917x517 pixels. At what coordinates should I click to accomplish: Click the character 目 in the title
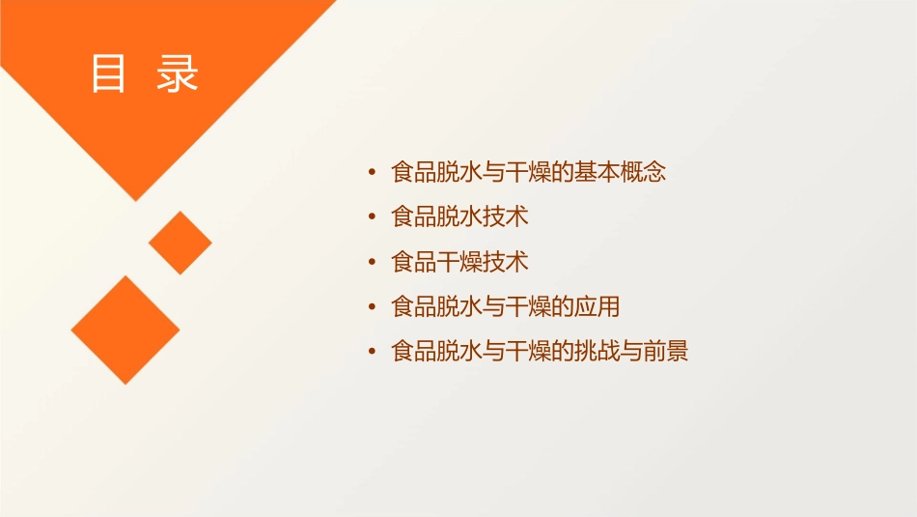pyautogui.click(x=108, y=74)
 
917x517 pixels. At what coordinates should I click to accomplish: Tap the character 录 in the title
pyautogui.click(x=177, y=74)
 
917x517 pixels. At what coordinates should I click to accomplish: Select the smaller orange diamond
pyautogui.click(x=181, y=243)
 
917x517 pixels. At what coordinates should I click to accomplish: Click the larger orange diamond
pyautogui.click(x=125, y=330)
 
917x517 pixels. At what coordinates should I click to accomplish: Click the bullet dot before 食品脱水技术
pyautogui.click(x=373, y=217)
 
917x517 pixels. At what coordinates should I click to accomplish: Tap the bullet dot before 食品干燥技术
pyautogui.click(x=373, y=262)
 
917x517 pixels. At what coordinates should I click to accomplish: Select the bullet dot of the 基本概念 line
pyautogui.click(x=373, y=173)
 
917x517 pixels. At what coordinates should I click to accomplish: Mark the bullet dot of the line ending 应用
pyautogui.click(x=373, y=307)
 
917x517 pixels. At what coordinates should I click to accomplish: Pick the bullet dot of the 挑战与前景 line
pyautogui.click(x=373, y=352)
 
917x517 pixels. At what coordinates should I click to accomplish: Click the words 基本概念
pyautogui.click(x=622, y=173)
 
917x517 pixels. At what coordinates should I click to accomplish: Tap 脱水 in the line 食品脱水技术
pyautogui.click(x=459, y=217)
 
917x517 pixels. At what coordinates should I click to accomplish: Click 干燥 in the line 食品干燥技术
pyautogui.click(x=459, y=262)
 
